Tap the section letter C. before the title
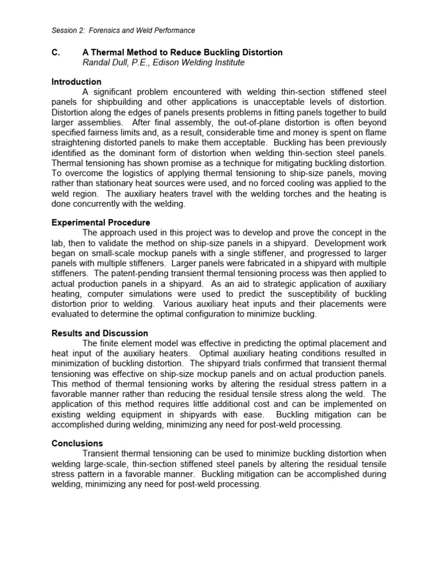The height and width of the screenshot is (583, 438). (x=56, y=52)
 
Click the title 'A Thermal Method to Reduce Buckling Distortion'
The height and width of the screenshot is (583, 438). (x=182, y=52)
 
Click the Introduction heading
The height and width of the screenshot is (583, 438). (x=76, y=82)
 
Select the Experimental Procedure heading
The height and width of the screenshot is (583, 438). (x=101, y=223)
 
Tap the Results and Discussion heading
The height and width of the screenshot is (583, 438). (x=100, y=333)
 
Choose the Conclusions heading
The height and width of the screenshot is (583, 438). (x=77, y=443)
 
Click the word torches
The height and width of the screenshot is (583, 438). (x=278, y=194)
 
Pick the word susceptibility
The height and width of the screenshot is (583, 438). (x=309, y=294)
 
